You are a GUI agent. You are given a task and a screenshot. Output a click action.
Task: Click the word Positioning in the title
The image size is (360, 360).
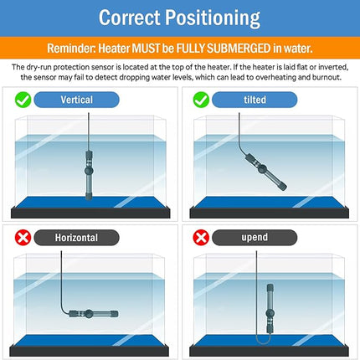(213, 18)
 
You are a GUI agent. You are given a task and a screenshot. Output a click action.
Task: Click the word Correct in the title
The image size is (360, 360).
(130, 18)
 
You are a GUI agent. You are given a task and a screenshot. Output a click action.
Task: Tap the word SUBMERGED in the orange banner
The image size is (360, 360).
(239, 49)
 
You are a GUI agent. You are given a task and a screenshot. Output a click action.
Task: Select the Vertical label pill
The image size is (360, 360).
(76, 100)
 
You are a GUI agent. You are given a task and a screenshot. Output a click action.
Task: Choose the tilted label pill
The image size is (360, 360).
(255, 100)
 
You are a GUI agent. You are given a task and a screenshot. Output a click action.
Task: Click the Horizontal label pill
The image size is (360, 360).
(76, 238)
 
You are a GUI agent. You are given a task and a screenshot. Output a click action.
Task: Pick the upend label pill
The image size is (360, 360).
(255, 238)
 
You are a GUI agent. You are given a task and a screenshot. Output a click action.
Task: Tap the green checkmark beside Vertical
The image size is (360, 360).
(23, 100)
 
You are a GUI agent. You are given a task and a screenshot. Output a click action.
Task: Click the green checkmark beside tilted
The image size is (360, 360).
(201, 100)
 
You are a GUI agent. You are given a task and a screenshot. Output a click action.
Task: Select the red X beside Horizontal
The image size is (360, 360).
(23, 238)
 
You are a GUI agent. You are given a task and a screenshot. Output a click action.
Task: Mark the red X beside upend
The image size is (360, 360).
(201, 238)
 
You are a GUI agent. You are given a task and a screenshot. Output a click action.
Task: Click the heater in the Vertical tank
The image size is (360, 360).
(89, 175)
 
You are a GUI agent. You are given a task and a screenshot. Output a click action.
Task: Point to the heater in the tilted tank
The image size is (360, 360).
(265, 172)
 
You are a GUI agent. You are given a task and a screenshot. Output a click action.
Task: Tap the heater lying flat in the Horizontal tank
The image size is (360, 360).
(94, 314)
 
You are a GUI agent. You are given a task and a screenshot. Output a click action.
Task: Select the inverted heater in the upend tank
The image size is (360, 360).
(270, 309)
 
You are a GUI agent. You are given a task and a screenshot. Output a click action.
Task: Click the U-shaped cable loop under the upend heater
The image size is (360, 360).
(263, 342)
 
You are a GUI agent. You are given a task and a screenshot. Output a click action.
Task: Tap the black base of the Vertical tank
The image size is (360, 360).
(90, 213)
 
